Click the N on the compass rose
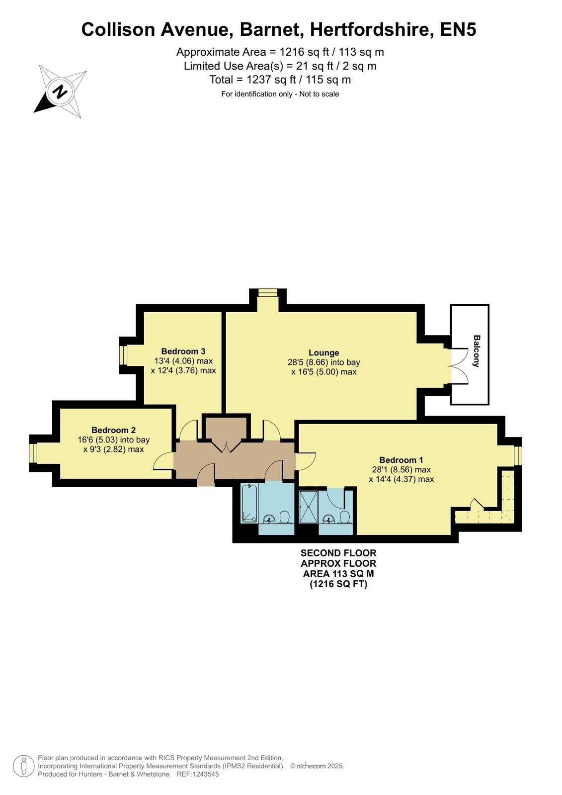[60, 92]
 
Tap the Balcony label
[477, 351]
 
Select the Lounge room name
[323, 353]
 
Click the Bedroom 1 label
[401, 460]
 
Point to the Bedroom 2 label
[113, 430]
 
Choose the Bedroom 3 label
[183, 352]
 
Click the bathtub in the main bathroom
[249, 503]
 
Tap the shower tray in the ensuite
[308, 507]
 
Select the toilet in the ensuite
[344, 517]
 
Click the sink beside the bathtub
[269, 519]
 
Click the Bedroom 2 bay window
[33, 453]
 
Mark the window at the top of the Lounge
[267, 292]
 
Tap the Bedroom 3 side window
[123, 355]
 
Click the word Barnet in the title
[272, 30]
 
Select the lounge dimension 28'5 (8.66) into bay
[323, 362]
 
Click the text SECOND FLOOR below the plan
[338, 553]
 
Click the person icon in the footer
[24, 766]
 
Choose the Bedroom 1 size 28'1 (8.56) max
[401, 469]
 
